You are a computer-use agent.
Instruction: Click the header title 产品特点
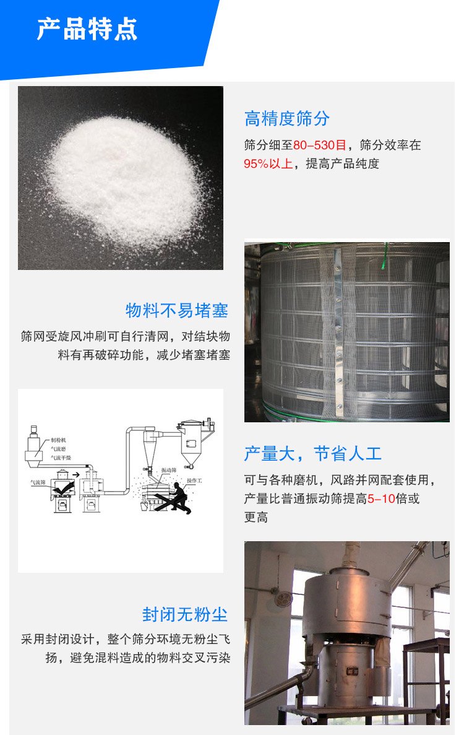(x=87, y=29)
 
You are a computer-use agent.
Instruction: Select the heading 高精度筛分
(x=287, y=118)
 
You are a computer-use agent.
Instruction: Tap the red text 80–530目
(x=320, y=146)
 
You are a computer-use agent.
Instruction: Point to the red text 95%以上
(x=268, y=164)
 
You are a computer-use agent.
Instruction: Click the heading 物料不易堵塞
(x=177, y=310)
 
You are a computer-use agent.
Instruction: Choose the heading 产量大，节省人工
(x=312, y=454)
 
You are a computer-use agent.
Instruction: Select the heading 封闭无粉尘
(x=185, y=614)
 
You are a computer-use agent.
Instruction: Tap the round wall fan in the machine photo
(x=283, y=598)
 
